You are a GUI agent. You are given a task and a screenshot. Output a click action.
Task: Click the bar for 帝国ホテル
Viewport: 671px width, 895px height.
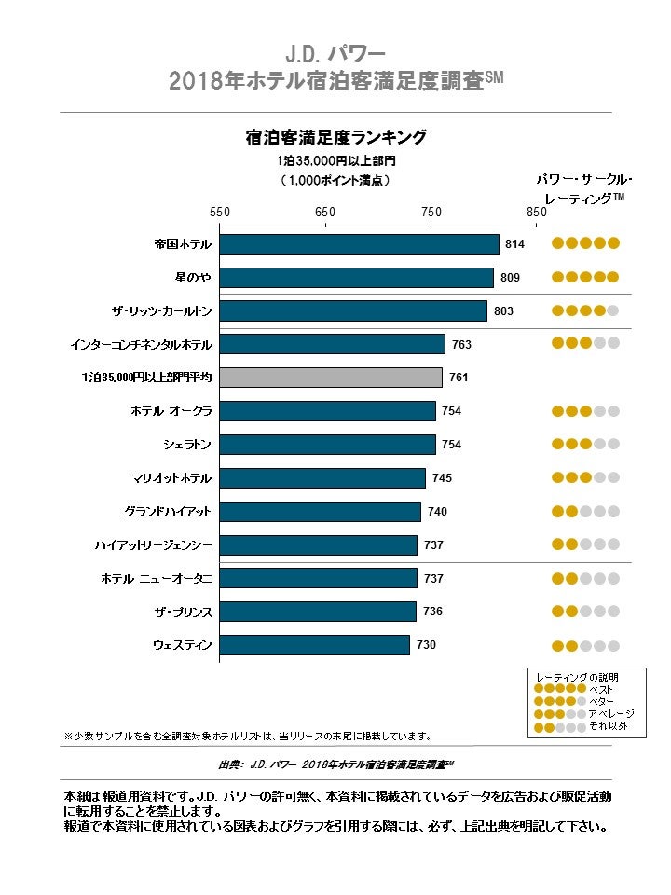(x=359, y=244)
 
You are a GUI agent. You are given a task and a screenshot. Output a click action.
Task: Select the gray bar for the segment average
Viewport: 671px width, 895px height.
(x=331, y=378)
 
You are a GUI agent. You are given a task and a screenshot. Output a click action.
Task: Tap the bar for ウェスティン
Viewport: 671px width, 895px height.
(x=314, y=645)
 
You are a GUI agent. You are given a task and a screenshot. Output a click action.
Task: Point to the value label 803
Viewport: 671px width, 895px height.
(x=503, y=311)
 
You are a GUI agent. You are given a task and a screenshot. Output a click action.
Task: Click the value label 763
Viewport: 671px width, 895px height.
(x=461, y=345)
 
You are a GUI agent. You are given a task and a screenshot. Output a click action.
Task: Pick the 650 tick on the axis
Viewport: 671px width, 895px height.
(x=325, y=213)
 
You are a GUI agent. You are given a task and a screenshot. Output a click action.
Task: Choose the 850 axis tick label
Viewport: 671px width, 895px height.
(x=536, y=213)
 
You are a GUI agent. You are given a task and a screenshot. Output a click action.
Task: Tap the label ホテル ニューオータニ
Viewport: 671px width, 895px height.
(x=157, y=579)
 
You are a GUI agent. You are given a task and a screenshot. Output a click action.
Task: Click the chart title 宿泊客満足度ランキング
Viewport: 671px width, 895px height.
(x=335, y=138)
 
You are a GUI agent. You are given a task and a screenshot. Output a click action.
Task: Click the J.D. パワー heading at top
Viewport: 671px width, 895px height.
(x=335, y=52)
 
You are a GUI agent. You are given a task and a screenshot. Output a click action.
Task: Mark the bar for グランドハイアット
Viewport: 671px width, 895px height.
(x=320, y=512)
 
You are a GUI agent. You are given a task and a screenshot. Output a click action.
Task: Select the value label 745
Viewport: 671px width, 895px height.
(x=442, y=478)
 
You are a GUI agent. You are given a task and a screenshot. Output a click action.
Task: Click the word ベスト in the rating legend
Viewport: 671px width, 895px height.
(x=600, y=689)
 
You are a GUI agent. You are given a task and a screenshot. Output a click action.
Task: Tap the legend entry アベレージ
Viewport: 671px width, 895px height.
(x=611, y=713)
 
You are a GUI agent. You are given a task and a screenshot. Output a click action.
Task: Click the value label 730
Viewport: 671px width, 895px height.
(x=426, y=645)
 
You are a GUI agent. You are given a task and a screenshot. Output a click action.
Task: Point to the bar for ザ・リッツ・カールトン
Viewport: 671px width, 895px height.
(x=353, y=311)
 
